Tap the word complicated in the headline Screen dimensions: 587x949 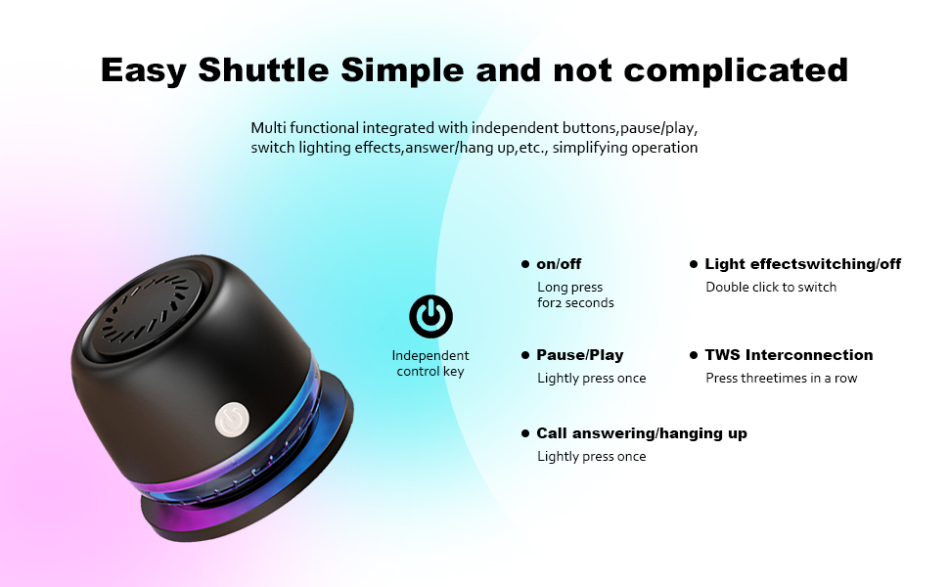click(x=736, y=69)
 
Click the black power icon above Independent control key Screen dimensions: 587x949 click(x=430, y=317)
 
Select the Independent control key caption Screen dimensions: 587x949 click(x=430, y=363)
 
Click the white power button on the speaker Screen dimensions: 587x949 click(x=230, y=418)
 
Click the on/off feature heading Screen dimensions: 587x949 click(x=559, y=264)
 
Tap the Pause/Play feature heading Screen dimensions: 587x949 click(x=579, y=355)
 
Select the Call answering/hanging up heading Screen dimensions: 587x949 click(x=641, y=433)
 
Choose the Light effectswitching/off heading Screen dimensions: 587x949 click(x=802, y=264)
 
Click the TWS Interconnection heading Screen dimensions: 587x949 click(x=789, y=355)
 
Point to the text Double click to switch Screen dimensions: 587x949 click(x=771, y=287)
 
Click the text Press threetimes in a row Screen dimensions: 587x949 click(x=781, y=378)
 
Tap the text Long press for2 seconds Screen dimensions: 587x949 click(x=575, y=294)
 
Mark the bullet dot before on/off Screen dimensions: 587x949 click(x=525, y=264)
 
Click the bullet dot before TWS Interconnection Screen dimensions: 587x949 click(x=694, y=355)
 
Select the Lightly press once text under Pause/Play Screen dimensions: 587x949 click(x=591, y=378)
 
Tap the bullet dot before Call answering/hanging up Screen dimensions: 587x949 click(x=525, y=433)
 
